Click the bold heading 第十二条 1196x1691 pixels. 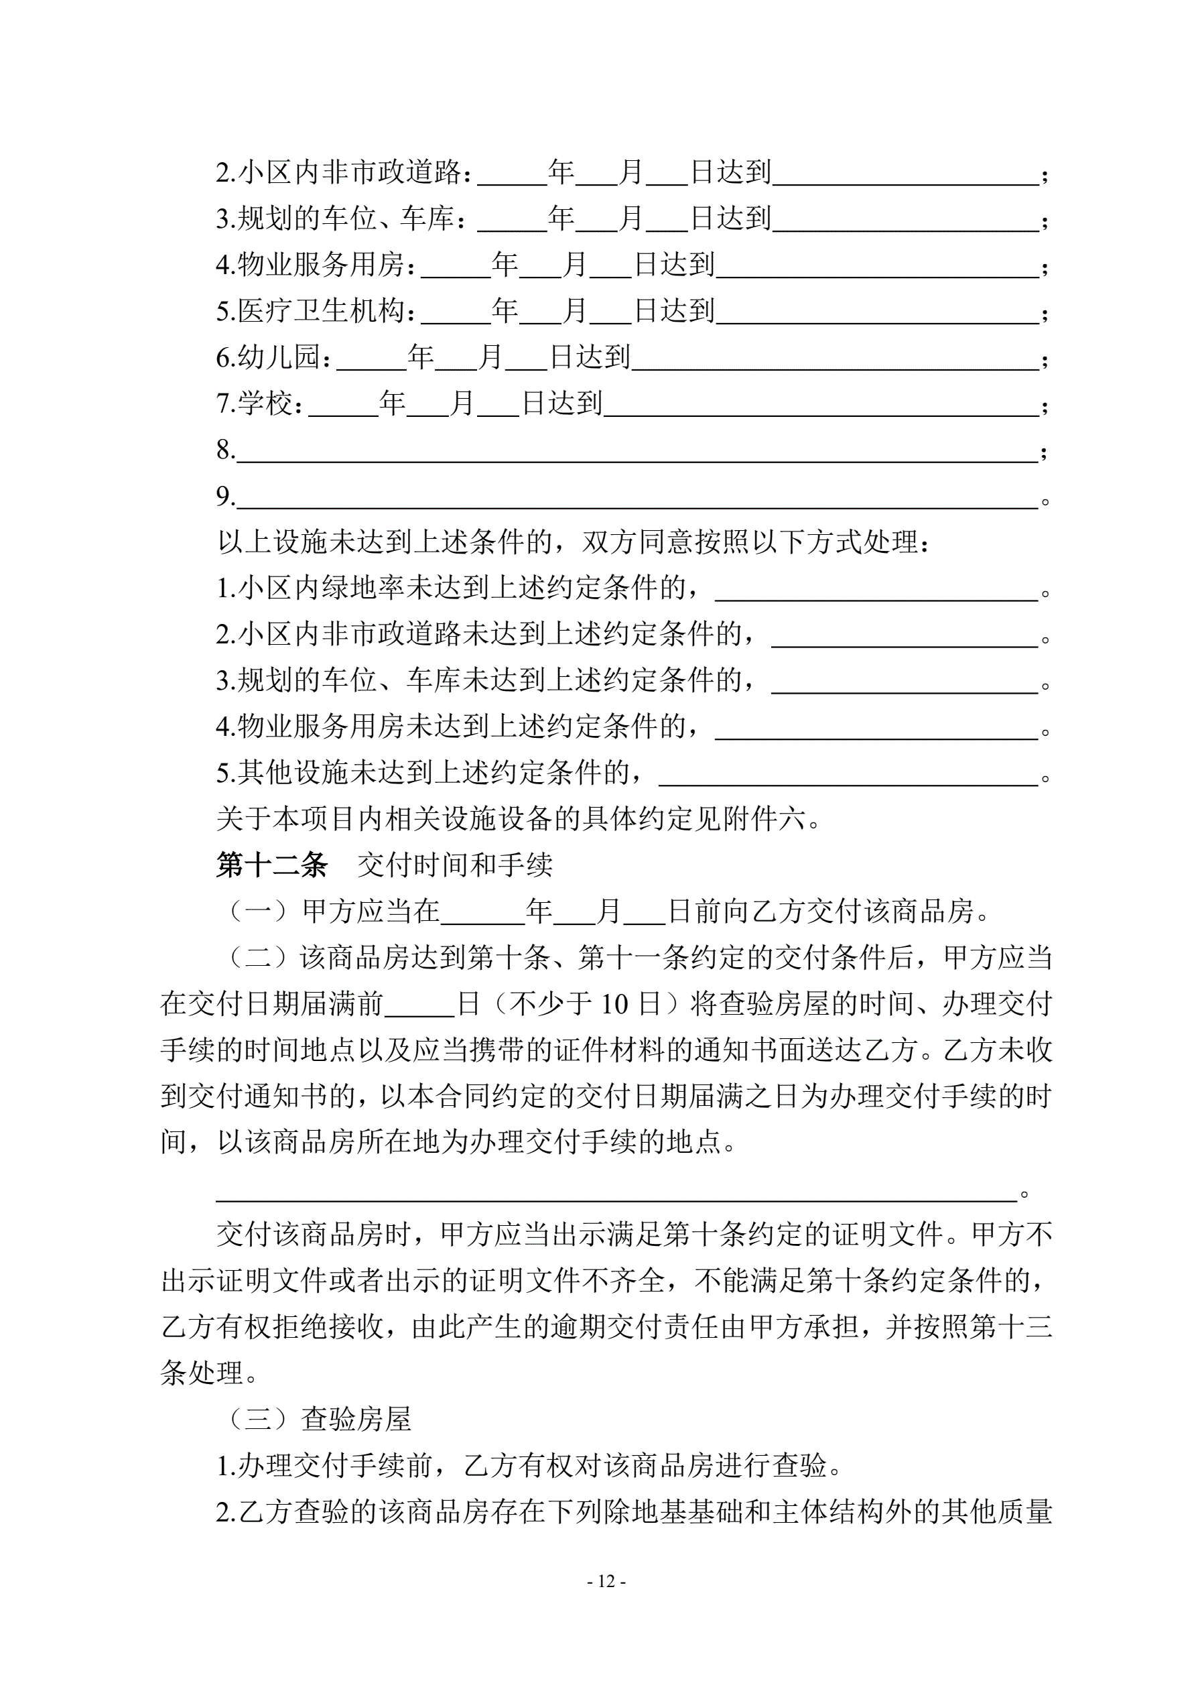(272, 865)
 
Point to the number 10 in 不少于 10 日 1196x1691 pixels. (615, 1005)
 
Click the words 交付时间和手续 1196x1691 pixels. (455, 865)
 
